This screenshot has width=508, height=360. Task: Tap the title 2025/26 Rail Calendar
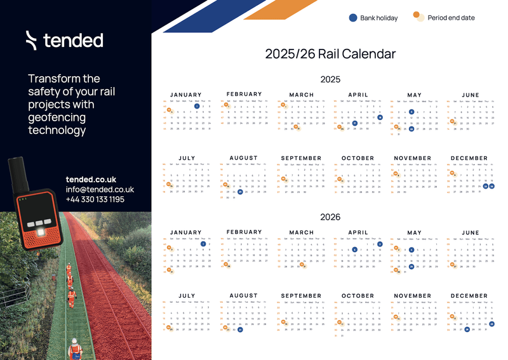(x=330, y=54)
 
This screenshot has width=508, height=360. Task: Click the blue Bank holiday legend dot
(x=353, y=18)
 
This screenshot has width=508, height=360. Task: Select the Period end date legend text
(x=451, y=18)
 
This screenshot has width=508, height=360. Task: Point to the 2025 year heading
(x=330, y=79)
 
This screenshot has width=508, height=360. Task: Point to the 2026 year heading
(x=330, y=217)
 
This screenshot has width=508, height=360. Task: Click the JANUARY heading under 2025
(x=186, y=95)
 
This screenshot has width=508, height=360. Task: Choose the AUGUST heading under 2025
(x=243, y=158)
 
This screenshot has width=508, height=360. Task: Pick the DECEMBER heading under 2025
(x=469, y=158)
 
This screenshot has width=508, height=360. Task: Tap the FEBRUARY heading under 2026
(x=244, y=232)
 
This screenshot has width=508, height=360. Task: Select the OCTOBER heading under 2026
(x=358, y=296)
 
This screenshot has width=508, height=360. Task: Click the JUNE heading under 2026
(x=471, y=232)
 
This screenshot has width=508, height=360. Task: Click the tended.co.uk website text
(x=91, y=180)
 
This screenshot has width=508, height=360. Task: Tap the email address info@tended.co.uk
(x=100, y=189)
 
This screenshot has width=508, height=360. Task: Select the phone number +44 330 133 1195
(x=95, y=199)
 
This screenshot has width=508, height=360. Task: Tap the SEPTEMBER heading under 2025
(x=301, y=158)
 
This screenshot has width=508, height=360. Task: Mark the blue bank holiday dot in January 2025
(x=197, y=107)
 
